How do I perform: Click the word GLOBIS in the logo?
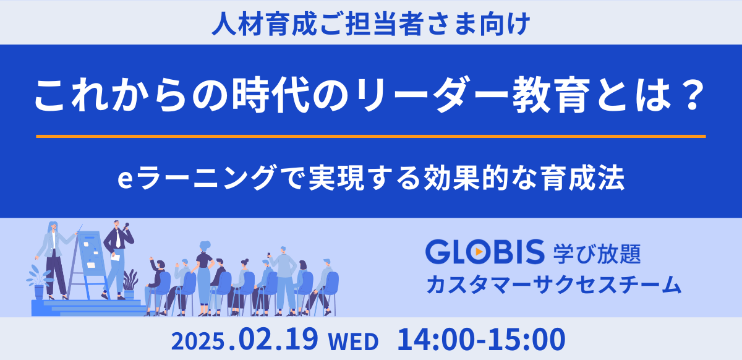coord(484,252)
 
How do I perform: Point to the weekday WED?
coord(352,341)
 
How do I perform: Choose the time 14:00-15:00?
coord(481,340)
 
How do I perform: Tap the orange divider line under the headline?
coord(371,136)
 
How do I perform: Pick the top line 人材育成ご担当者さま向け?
coord(370,24)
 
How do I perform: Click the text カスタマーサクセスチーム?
coord(553,285)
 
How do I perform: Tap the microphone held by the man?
coord(127,226)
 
